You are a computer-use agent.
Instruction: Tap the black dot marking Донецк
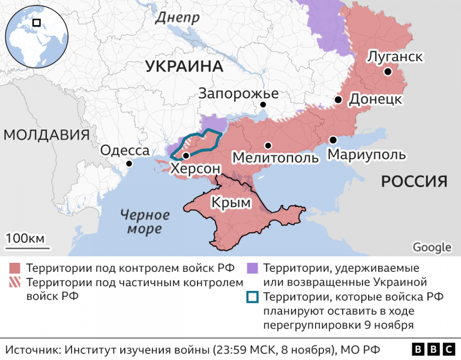pos(339,100)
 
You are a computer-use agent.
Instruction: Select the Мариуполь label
pos(366,155)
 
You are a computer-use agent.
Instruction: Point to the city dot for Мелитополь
pos(268,145)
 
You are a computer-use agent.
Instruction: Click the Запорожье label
pos(238,94)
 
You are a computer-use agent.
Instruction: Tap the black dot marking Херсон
pos(186,155)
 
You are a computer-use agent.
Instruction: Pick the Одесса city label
pos(124,150)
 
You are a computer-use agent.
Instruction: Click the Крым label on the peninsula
pos(230,203)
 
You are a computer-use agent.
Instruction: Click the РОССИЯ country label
pos(415,181)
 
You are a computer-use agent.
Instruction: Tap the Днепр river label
pos(177,18)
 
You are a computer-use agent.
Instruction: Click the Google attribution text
pos(432,247)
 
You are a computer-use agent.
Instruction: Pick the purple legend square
pos(253,268)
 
